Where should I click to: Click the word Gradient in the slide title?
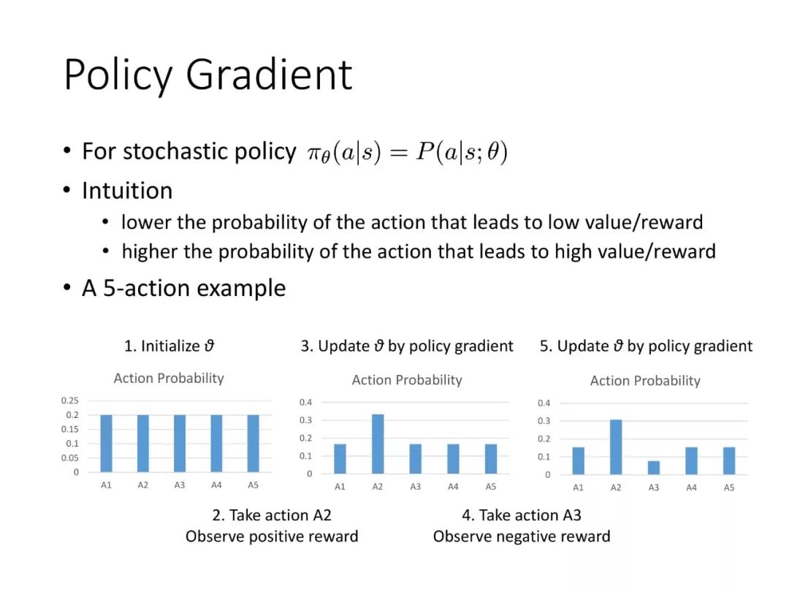point(269,75)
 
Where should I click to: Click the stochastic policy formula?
point(407,152)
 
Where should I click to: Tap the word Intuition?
point(127,191)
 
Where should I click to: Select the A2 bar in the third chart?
point(616,447)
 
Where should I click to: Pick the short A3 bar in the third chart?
point(654,467)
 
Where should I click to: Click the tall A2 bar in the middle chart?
point(378,444)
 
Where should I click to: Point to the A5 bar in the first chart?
point(253,444)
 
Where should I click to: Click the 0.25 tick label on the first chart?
point(70,401)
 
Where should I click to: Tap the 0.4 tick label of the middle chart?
point(305,402)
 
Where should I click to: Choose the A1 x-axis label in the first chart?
point(106,485)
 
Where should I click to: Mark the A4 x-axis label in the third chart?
point(691,487)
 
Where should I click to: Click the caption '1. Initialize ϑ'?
point(169,346)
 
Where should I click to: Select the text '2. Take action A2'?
point(272,515)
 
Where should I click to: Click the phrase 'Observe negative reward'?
point(522,536)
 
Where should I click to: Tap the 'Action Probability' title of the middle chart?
point(407,379)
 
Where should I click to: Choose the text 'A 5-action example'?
point(183,288)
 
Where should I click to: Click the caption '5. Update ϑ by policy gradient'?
point(646,346)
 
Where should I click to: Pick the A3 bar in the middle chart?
point(416,458)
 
